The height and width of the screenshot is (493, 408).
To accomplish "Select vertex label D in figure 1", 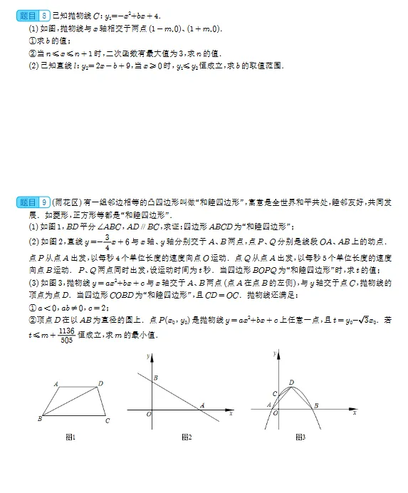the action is [100, 383].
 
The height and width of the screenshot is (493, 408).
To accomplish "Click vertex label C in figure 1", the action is [107, 421].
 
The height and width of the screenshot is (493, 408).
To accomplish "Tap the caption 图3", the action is [300, 437].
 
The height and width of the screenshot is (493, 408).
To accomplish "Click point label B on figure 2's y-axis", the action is [155, 377].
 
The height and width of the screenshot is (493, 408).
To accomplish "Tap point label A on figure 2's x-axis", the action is [202, 405].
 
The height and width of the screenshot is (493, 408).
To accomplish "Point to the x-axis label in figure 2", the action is [232, 412].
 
